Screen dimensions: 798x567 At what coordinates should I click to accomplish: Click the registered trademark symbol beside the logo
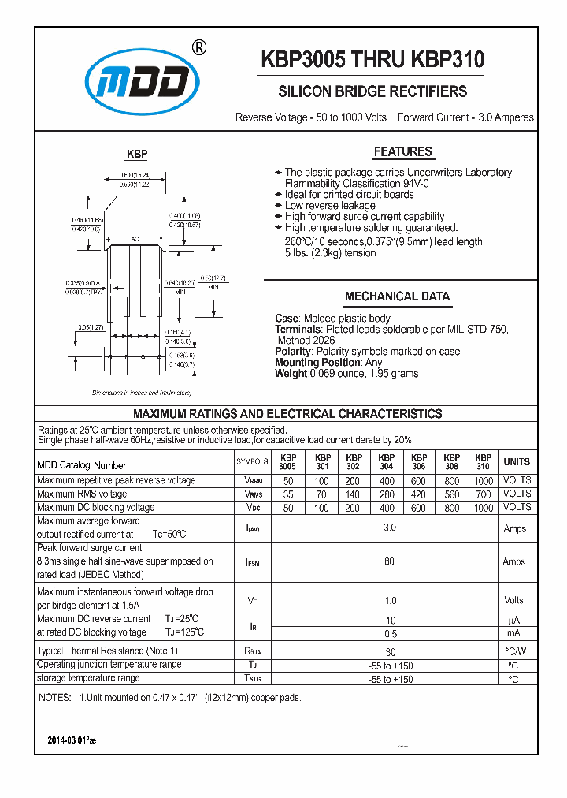pos(199,48)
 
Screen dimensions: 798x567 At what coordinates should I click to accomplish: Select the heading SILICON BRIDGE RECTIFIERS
pos(372,91)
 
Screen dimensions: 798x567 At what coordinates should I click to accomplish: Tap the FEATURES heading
pos(402,151)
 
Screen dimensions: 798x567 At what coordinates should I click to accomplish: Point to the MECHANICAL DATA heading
pos(397,296)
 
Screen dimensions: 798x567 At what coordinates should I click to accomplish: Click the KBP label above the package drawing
pos(137,155)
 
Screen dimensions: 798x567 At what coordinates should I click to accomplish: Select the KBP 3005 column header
pos(288,462)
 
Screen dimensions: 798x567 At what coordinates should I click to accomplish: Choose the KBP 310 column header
pos(484,462)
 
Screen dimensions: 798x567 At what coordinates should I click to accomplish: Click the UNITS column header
pos(517,462)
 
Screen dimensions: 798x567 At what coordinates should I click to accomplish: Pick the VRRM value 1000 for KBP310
pos(484,481)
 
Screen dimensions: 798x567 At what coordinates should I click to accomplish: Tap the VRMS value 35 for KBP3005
pos(288,494)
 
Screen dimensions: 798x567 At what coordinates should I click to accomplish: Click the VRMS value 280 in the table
pos(386,494)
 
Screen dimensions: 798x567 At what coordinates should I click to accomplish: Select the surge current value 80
pos(389,562)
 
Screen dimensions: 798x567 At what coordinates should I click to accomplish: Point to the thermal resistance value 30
pos(389,652)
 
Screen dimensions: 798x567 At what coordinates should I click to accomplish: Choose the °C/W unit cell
pos(517,651)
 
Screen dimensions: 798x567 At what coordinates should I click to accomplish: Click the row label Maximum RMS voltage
pos(82,494)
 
